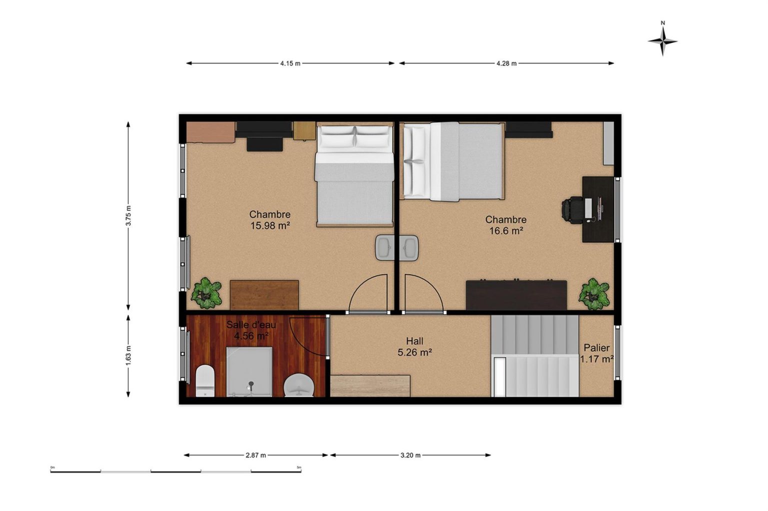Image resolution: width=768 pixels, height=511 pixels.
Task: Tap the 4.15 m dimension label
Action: click(290, 63)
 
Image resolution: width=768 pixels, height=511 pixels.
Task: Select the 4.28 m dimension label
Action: click(506, 63)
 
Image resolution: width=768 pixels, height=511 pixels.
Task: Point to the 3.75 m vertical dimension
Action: click(128, 216)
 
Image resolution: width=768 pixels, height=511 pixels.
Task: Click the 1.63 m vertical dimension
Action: click(128, 355)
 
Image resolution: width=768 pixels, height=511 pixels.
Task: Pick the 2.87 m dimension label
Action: click(256, 455)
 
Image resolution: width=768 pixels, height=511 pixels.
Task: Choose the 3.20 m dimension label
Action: click(410, 455)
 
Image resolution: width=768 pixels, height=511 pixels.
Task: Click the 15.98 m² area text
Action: click(270, 226)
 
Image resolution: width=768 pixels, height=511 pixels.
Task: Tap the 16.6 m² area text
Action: click(505, 231)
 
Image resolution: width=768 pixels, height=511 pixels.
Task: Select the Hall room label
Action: click(414, 341)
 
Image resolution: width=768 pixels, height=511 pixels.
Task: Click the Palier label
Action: click(596, 348)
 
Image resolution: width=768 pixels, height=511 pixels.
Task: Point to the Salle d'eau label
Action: click(251, 325)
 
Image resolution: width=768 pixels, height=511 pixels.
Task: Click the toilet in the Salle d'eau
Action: click(205, 381)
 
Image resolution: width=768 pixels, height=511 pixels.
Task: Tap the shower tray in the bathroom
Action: click(249, 372)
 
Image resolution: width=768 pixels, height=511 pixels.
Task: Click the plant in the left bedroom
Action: click(206, 293)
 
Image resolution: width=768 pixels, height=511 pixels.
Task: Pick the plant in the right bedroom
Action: click(594, 294)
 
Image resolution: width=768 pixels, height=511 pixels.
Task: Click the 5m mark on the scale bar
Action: click(299, 467)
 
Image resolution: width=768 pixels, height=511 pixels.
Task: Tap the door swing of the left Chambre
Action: click(368, 293)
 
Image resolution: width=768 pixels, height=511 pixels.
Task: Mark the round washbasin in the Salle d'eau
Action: click(299, 385)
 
